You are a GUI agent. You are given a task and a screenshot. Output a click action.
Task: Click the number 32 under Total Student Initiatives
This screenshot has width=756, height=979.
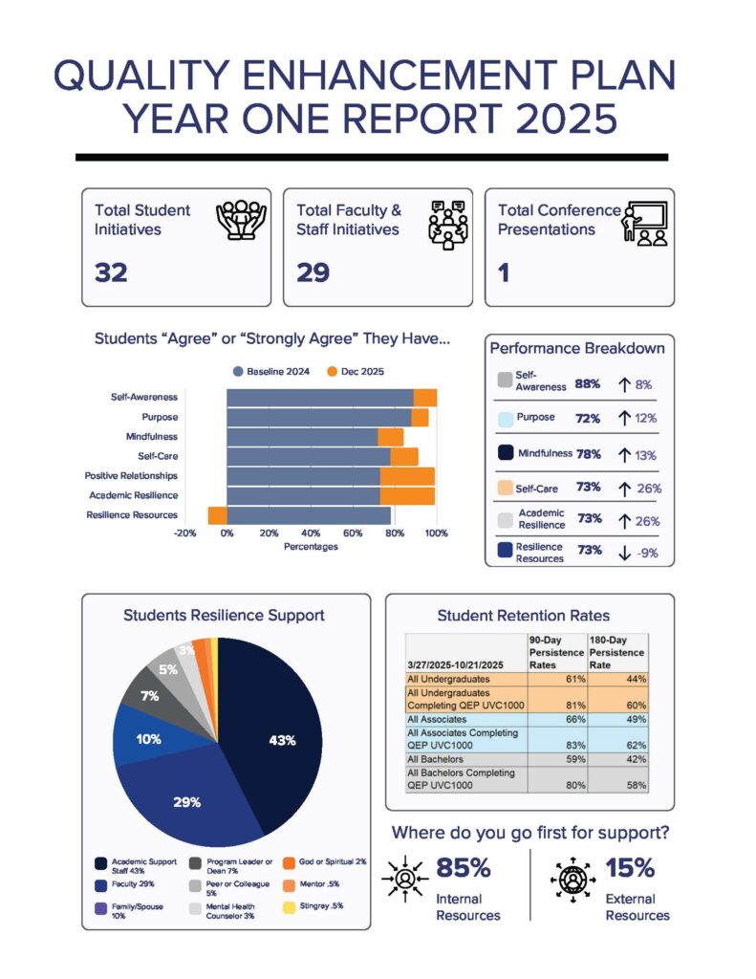click(111, 272)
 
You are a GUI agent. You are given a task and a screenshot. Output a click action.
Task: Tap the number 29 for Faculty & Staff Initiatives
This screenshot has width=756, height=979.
click(313, 272)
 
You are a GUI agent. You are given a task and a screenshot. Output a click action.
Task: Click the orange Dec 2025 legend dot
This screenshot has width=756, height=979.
click(333, 371)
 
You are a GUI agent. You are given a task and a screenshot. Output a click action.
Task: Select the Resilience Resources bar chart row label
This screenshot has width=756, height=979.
click(132, 515)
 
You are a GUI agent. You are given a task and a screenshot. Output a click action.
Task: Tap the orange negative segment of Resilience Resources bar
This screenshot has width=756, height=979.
click(218, 515)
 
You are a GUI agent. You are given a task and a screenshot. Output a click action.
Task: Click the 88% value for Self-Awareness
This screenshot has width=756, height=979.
click(588, 384)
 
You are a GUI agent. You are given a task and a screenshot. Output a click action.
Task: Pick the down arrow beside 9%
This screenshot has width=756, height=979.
click(624, 553)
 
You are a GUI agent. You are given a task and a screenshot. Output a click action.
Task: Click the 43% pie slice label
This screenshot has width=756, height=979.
click(282, 740)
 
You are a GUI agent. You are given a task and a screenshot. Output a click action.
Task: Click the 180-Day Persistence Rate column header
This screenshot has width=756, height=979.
click(617, 653)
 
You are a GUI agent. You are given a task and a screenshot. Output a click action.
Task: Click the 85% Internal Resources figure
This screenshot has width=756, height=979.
click(464, 868)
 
